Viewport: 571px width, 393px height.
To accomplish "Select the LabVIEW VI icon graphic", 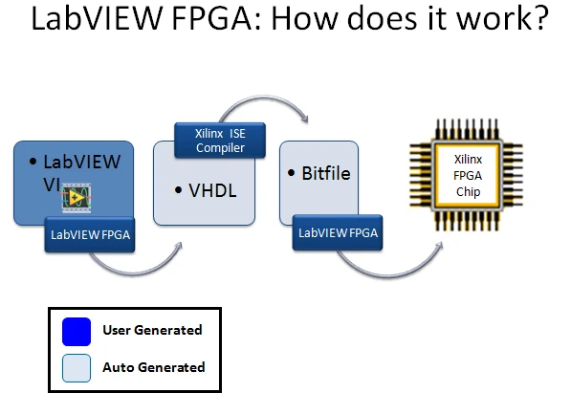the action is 77,198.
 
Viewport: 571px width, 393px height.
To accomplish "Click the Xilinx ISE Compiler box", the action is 220,141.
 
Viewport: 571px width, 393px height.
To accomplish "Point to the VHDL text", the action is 212,190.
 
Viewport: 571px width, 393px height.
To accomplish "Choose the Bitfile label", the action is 326,174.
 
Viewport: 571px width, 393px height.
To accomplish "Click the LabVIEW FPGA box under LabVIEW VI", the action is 90,234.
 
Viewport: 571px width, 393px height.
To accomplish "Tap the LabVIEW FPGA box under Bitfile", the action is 338,232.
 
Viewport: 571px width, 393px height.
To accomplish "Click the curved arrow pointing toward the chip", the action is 388,275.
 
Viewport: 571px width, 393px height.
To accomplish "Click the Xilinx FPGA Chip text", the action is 468,176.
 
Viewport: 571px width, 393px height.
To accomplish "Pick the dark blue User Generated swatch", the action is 77,332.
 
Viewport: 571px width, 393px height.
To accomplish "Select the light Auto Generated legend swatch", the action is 77,368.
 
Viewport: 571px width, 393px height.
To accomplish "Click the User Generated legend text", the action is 152,330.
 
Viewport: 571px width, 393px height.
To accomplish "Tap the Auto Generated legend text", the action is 154,367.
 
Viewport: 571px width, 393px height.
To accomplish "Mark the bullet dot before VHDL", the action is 178,190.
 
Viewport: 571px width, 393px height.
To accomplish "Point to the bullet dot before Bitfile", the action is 291,173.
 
